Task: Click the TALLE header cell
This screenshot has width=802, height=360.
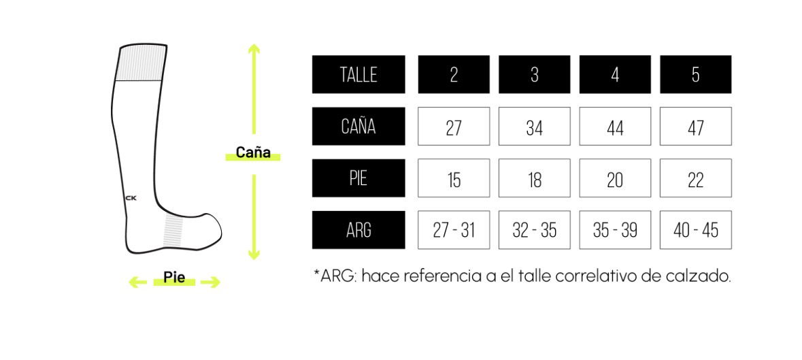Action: pos(358,74)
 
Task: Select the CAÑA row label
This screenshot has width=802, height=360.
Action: pos(358,126)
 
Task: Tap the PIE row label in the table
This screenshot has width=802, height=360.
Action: pos(358,178)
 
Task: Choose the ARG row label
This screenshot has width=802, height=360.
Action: pos(358,230)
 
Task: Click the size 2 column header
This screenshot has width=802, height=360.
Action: pos(454,74)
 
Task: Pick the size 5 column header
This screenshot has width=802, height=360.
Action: pos(695,74)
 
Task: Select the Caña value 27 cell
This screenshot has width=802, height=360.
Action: pos(454,127)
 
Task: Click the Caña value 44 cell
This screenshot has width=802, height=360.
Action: pos(615,127)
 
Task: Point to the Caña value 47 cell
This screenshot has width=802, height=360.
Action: pos(695,127)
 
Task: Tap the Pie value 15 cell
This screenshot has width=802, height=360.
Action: pos(454,178)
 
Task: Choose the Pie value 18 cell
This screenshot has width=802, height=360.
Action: pos(534,178)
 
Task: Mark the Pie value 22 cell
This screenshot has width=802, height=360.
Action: pos(695,178)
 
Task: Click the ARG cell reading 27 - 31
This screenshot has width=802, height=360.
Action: pos(454,230)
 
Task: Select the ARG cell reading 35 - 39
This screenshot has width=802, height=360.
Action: pos(615,230)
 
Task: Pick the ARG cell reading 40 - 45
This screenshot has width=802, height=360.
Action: pos(695,230)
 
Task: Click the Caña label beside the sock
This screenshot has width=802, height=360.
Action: pos(253,153)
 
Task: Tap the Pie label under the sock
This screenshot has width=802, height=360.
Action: pos(174,278)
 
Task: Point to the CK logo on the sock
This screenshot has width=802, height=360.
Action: pos(131,198)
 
